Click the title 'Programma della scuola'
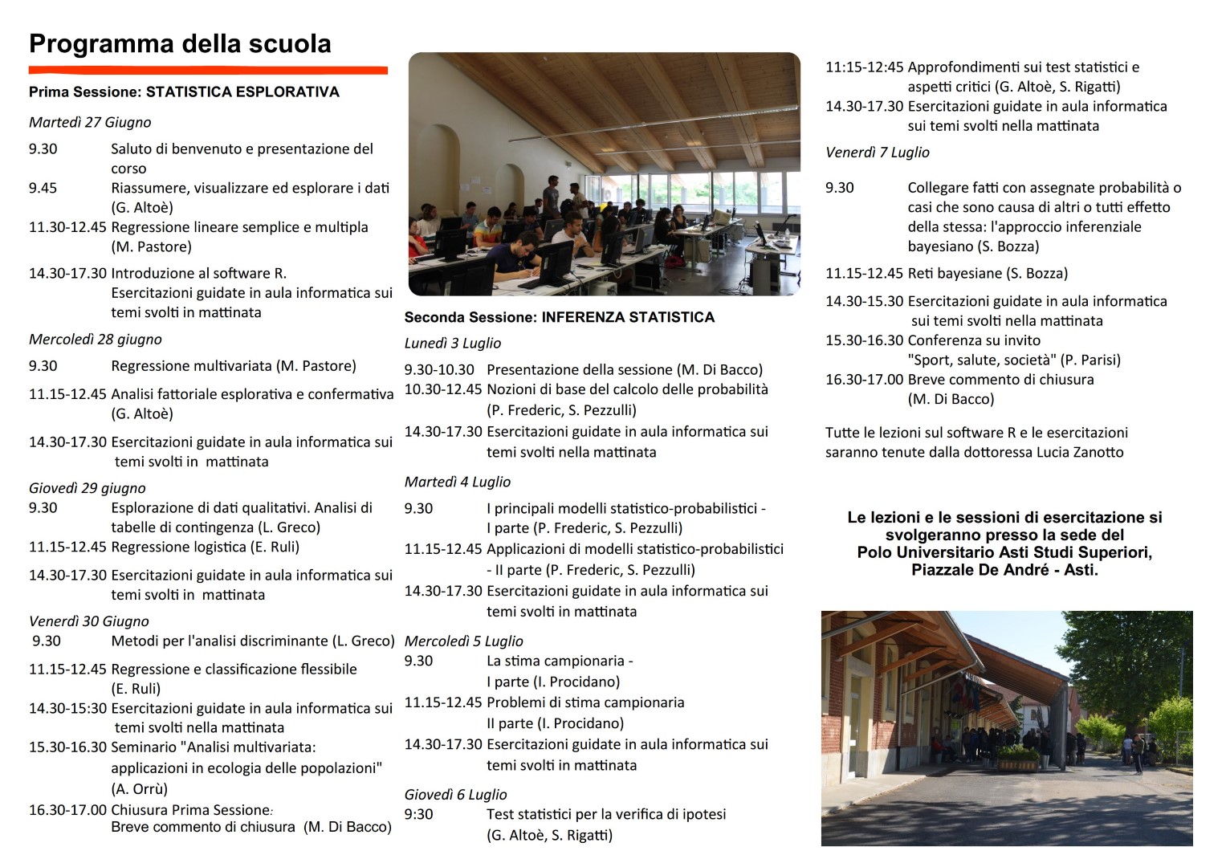(180, 43)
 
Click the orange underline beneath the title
(208, 70)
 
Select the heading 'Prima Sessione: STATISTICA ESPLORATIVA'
(184, 92)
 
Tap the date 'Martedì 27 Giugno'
(90, 122)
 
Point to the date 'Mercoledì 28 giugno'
(96, 339)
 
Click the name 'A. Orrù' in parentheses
(140, 788)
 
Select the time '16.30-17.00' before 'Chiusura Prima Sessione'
(67, 809)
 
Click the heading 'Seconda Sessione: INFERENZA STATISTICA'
(559, 317)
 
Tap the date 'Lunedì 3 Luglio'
(453, 343)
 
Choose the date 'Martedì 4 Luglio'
(458, 482)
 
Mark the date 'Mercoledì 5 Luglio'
(463, 641)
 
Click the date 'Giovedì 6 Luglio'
(455, 794)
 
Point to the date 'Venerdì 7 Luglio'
(878, 152)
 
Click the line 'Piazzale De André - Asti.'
(1004, 570)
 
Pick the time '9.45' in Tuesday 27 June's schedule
(43, 188)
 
